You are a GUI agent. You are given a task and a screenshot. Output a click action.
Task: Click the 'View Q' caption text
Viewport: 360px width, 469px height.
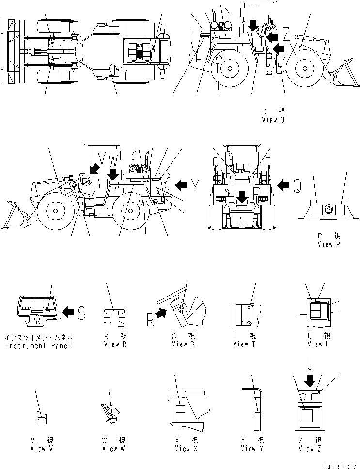click(273, 119)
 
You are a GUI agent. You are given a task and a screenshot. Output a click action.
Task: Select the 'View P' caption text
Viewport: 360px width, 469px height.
click(329, 244)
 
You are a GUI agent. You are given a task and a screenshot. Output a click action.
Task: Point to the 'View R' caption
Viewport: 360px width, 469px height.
click(115, 344)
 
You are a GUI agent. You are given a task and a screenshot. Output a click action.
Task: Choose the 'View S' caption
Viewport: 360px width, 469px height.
click(183, 344)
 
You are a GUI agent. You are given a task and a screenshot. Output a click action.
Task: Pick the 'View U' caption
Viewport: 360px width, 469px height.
click(319, 344)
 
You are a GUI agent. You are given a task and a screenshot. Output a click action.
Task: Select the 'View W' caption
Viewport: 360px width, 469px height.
click(113, 448)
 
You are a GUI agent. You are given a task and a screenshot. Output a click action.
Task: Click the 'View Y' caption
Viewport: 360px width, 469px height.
click(251, 448)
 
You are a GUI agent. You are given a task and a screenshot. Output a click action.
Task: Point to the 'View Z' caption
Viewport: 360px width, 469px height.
click(310, 448)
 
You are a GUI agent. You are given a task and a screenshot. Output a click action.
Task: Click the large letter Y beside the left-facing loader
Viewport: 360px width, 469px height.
click(195, 185)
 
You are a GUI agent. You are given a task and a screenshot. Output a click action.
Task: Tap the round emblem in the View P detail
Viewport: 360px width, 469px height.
click(329, 209)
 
